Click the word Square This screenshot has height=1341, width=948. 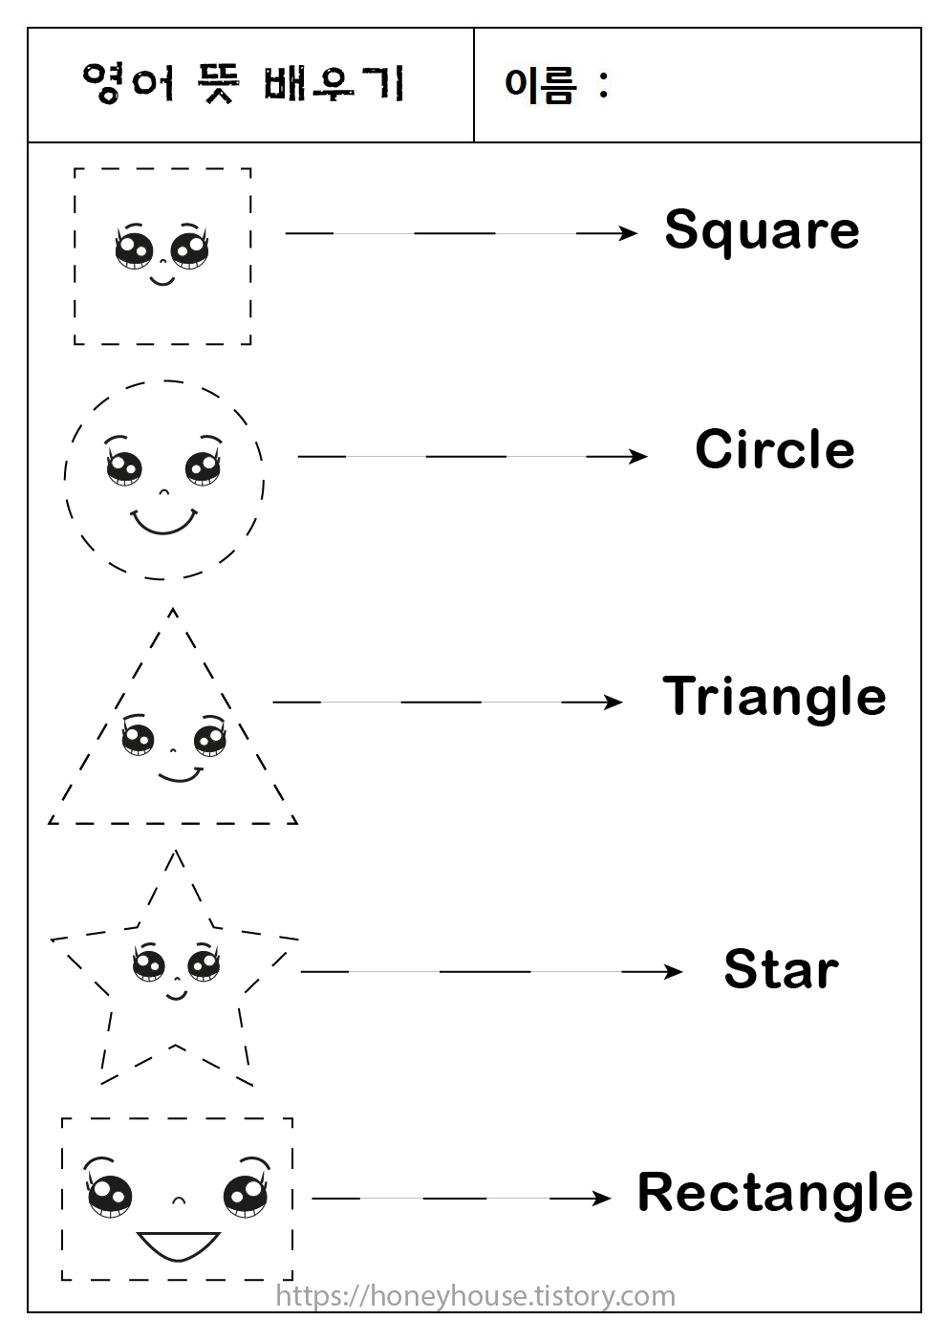point(762,231)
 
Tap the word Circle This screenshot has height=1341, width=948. point(774,449)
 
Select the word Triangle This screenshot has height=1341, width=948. point(774,697)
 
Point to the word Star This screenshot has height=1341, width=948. point(781,969)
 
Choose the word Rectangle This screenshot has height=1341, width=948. point(774,1193)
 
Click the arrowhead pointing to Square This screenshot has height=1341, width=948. point(628,232)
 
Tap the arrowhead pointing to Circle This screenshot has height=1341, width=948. point(638,457)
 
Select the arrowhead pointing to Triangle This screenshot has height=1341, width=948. point(614,703)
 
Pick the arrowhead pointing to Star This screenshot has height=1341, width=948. point(674,972)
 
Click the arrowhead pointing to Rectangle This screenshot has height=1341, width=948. point(602,1198)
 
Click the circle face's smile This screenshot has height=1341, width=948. point(163,522)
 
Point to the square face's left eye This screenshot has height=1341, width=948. point(134,249)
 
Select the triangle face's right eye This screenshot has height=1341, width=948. point(209,739)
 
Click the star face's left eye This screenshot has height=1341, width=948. point(148,964)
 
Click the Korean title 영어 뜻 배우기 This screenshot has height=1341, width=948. point(244,84)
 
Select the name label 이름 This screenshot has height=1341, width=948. point(541,85)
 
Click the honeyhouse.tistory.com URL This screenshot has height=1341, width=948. point(475,1296)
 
